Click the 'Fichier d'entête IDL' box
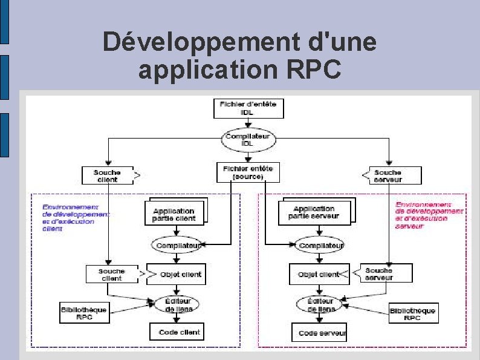[x=248, y=108]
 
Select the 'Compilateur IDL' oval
[x=248, y=140]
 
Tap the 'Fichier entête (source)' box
[x=248, y=172]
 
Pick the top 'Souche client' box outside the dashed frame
[x=107, y=175]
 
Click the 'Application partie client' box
[x=174, y=212]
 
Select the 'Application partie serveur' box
[x=314, y=212]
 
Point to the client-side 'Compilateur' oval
[x=177, y=245]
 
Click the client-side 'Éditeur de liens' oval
[x=177, y=304]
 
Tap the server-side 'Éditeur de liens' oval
[x=320, y=304]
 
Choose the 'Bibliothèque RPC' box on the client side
[x=84, y=312]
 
